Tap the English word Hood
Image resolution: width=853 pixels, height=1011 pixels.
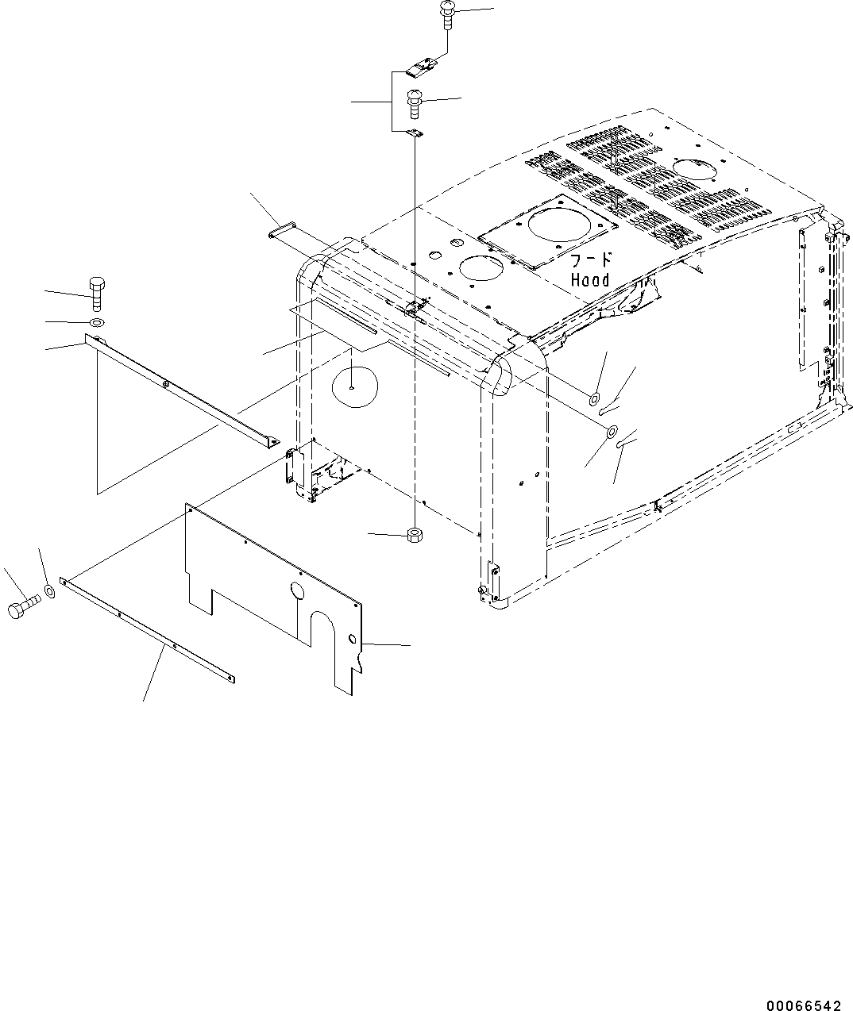point(590,280)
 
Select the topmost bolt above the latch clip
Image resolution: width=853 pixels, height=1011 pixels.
point(446,13)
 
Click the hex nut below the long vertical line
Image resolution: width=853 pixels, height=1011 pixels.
point(413,535)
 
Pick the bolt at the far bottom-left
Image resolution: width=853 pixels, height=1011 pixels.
point(21,610)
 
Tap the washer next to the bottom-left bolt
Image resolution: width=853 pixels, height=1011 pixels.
point(50,590)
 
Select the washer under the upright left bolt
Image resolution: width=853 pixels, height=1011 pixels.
point(96,322)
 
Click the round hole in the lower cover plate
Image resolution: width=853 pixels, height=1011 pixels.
point(297,590)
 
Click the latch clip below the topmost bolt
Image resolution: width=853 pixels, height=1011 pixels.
point(420,68)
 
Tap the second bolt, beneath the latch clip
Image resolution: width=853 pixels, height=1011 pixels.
point(413,102)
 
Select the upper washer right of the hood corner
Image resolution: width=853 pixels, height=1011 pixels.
point(595,397)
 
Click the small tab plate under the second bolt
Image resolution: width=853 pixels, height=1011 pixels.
point(413,133)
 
